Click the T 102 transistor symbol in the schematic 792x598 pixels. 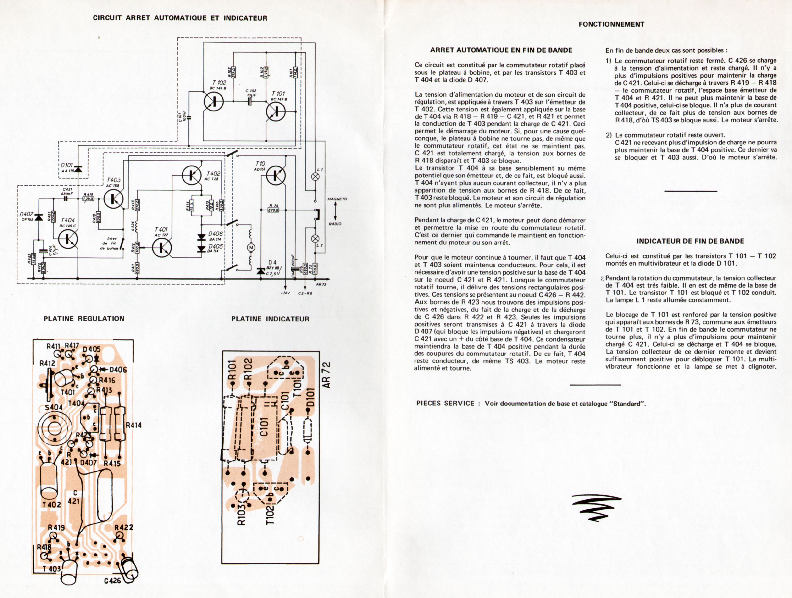click(214, 102)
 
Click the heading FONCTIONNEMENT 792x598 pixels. click(611, 24)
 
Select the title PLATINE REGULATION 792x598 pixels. click(84, 318)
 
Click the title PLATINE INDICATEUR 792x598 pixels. click(270, 319)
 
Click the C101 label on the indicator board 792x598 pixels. click(264, 428)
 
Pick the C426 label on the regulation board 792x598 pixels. click(112, 580)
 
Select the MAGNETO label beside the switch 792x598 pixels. click(337, 199)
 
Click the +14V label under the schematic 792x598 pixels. click(285, 293)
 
